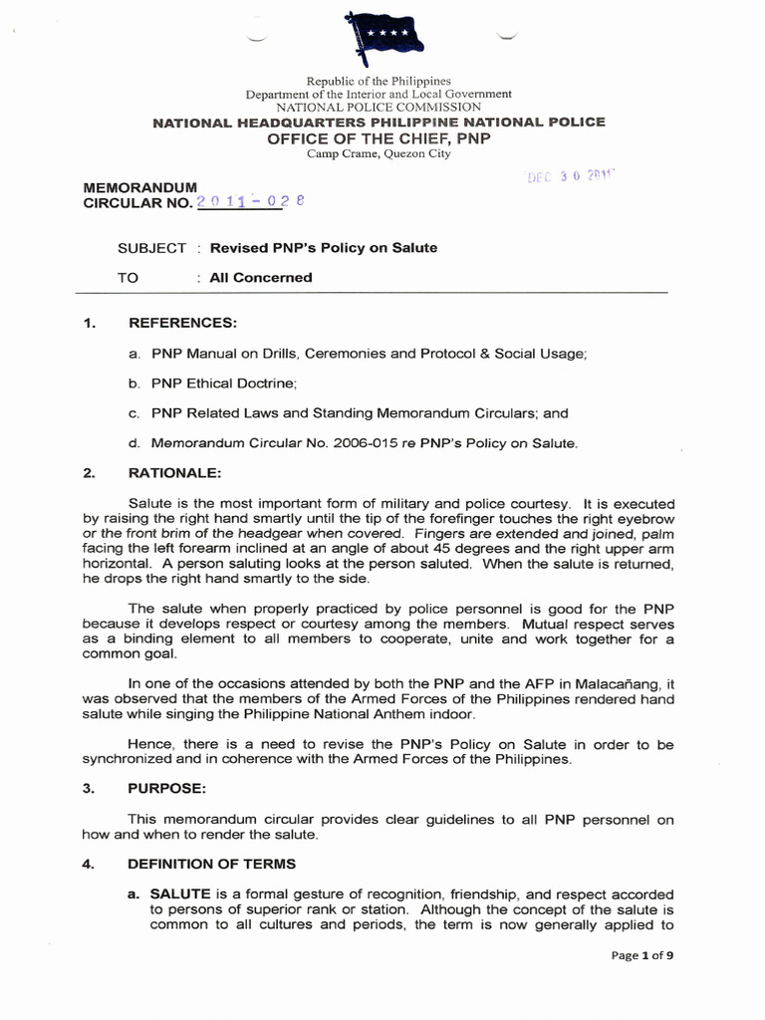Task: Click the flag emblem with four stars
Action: coord(382,36)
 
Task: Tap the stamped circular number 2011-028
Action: coord(251,202)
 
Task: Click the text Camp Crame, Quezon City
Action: coord(379,153)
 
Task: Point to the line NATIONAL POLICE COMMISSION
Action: coord(379,107)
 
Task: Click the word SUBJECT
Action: coord(151,248)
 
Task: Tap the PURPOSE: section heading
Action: coord(167,788)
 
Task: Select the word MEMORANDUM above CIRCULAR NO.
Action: coord(139,186)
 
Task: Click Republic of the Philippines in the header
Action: coord(379,81)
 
